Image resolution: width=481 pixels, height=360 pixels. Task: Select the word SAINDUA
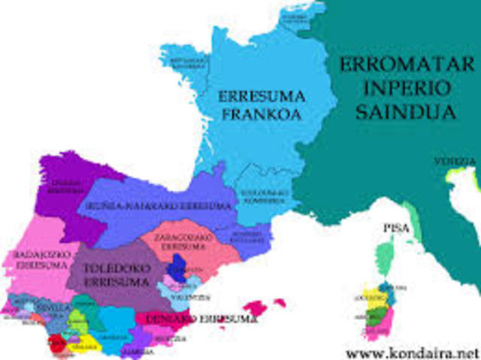pyautogui.click(x=398, y=111)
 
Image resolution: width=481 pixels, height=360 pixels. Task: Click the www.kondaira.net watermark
pyautogui.click(x=413, y=350)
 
